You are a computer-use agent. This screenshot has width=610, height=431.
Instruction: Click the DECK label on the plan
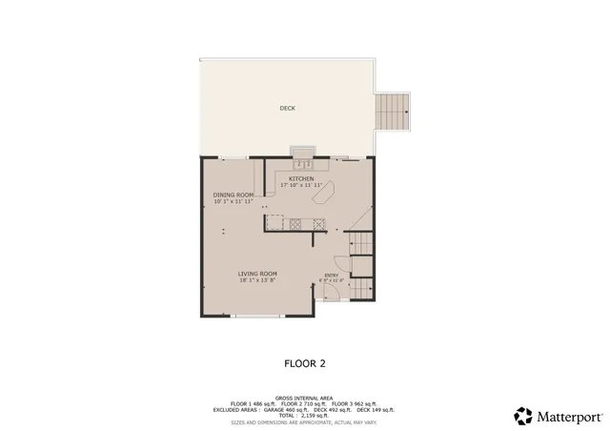[287, 109]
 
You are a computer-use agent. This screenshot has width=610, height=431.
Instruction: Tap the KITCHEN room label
[302, 178]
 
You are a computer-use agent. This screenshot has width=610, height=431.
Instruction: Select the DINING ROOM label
[233, 195]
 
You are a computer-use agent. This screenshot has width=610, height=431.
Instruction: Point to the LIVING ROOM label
[257, 274]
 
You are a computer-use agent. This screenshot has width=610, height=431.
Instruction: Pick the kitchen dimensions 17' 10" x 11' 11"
[302, 185]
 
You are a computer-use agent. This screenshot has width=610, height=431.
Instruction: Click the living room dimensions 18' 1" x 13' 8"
[257, 280]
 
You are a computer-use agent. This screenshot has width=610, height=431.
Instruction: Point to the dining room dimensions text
[233, 201]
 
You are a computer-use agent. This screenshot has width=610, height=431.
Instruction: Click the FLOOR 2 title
[304, 362]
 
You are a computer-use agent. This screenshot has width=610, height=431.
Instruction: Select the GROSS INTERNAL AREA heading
[304, 398]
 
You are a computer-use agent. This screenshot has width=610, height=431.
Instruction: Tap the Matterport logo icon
[523, 415]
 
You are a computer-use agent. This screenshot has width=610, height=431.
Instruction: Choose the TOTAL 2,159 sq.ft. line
[304, 415]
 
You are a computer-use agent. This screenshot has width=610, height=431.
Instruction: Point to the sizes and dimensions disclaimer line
[304, 421]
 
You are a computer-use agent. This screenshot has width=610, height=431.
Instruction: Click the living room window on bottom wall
[258, 316]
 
